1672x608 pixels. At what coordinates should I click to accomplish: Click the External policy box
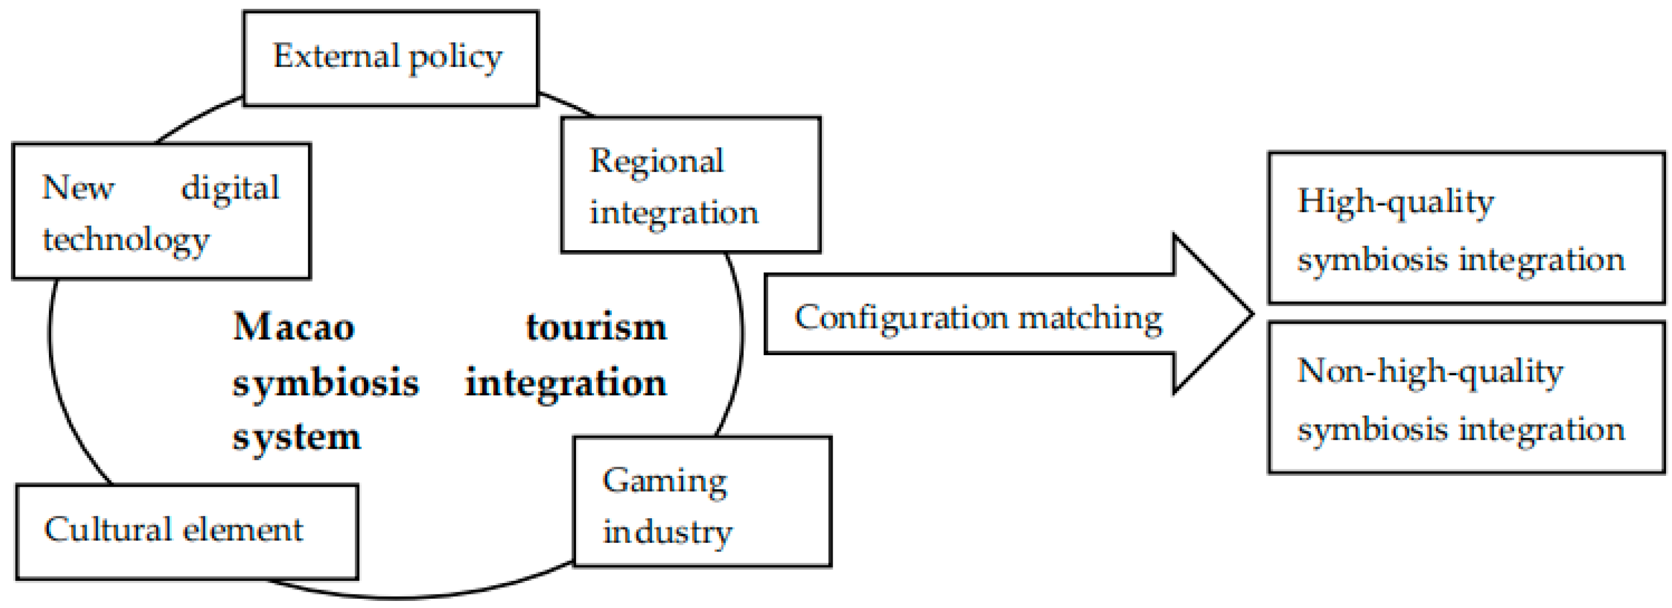[390, 58]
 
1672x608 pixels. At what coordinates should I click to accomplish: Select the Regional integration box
[690, 185]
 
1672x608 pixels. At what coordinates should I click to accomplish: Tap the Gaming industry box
[702, 501]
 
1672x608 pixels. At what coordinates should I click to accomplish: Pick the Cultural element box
[187, 531]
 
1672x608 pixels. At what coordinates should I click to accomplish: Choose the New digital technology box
[161, 212]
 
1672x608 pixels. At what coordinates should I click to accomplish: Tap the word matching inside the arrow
[1091, 318]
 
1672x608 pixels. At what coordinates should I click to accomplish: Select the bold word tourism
[596, 326]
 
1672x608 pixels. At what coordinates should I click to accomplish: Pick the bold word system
[296, 438]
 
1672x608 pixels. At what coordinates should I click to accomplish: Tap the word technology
[126, 240]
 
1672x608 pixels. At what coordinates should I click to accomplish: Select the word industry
[667, 533]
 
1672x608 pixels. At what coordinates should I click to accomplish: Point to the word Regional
[656, 162]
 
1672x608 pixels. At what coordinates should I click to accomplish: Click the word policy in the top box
[455, 57]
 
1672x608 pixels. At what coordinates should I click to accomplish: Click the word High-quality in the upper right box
[1396, 202]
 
